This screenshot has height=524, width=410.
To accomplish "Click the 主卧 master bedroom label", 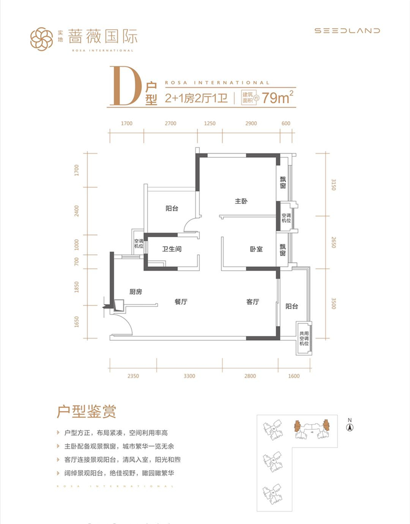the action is pyautogui.click(x=241, y=201).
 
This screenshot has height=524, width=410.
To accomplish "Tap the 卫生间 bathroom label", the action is pyautogui.click(x=172, y=249).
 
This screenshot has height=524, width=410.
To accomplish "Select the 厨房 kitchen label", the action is pyautogui.click(x=136, y=292).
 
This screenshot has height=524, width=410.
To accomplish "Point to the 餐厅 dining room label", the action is pyautogui.click(x=181, y=302).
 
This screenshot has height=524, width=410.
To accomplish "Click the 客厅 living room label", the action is pyautogui.click(x=253, y=302).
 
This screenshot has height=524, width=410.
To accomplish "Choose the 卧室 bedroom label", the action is pyautogui.click(x=256, y=249).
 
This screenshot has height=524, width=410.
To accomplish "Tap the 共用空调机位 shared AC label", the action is pyautogui.click(x=304, y=339).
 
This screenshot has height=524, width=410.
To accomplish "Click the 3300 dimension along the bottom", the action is pyautogui.click(x=189, y=376).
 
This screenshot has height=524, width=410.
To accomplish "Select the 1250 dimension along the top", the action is pyautogui.click(x=210, y=123).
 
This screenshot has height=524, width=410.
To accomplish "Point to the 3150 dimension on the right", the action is pyautogui.click(x=334, y=185).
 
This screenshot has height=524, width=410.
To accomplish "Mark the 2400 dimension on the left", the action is pyautogui.click(x=77, y=211).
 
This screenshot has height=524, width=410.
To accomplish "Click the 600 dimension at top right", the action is pyautogui.click(x=286, y=123).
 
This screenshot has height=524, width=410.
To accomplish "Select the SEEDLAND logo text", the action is pyautogui.click(x=347, y=30).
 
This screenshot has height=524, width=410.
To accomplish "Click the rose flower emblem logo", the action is pyautogui.click(x=42, y=39).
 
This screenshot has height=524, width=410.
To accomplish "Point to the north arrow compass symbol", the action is pyautogui.click(x=350, y=427).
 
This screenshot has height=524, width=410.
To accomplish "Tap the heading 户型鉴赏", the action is pyautogui.click(x=86, y=412).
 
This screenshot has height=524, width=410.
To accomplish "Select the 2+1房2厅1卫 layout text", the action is pyautogui.click(x=196, y=98).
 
